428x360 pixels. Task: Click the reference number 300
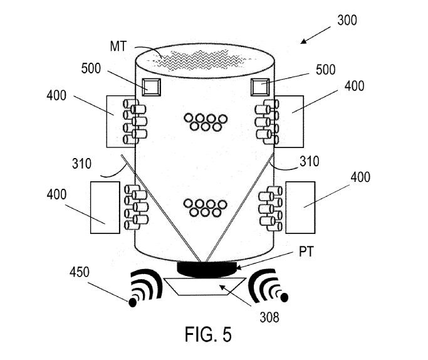pos(347,21)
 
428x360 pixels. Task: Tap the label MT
pos(118,46)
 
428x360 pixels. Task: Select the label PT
pos(306,252)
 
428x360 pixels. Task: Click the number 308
pos(269,317)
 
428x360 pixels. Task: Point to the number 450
pos(80,272)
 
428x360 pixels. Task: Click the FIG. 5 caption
pos(208,334)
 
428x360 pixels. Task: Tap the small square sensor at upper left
pos(151,87)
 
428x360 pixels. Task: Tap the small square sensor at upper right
pos(260,87)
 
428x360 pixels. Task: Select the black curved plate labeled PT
pos(207,269)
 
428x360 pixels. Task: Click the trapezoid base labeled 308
pos(205,286)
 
